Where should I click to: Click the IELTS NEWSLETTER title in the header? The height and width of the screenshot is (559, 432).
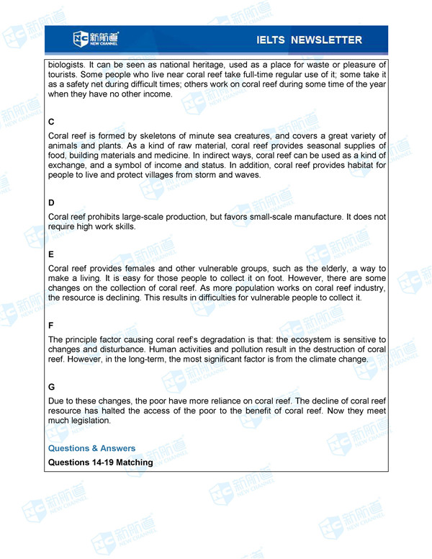[308, 40]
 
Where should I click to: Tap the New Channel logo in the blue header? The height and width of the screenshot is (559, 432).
[96, 39]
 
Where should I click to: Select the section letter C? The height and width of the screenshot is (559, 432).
[51, 122]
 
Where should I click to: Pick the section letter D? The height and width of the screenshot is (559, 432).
[51, 203]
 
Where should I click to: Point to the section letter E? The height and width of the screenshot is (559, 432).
[51, 254]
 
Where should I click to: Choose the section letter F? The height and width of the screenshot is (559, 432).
[51, 326]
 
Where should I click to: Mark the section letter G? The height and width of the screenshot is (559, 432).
[52, 387]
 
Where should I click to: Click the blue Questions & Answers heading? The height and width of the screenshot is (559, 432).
[91, 448]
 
